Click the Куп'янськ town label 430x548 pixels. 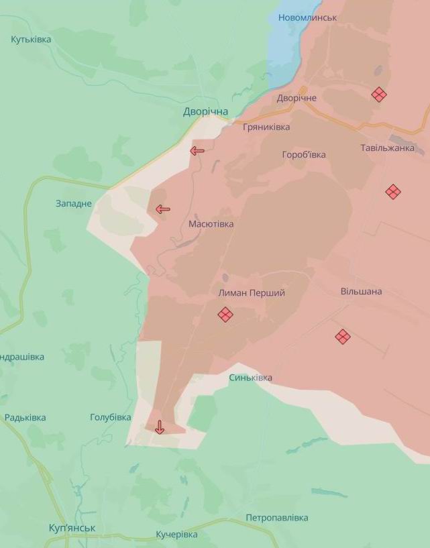pyautogui.click(x=72, y=528)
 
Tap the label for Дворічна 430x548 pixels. pyautogui.click(x=206, y=111)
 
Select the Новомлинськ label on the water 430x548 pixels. pyautogui.click(x=307, y=17)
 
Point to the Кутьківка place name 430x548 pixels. pyautogui.click(x=31, y=40)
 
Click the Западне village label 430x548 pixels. pyautogui.click(x=74, y=203)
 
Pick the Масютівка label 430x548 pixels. pyautogui.click(x=211, y=224)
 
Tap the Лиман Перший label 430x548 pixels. pyautogui.click(x=252, y=293)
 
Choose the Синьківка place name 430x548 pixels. pyautogui.click(x=251, y=378)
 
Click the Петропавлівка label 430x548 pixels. pyautogui.click(x=277, y=518)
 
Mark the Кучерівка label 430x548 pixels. pyautogui.click(x=176, y=534)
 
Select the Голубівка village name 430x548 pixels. pyautogui.click(x=111, y=417)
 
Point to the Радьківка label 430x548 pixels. pyautogui.click(x=25, y=417)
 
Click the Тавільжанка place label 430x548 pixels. pyautogui.click(x=387, y=148)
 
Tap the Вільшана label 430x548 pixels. pyautogui.click(x=361, y=291)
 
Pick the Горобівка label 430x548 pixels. pyautogui.click(x=304, y=154)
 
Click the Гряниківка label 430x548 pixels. pyautogui.click(x=266, y=127)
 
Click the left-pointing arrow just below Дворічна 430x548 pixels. pyautogui.click(x=197, y=151)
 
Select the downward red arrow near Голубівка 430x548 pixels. pyautogui.click(x=160, y=427)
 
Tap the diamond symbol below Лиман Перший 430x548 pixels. pyautogui.click(x=225, y=314)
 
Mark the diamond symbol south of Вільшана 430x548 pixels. pyautogui.click(x=343, y=337)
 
